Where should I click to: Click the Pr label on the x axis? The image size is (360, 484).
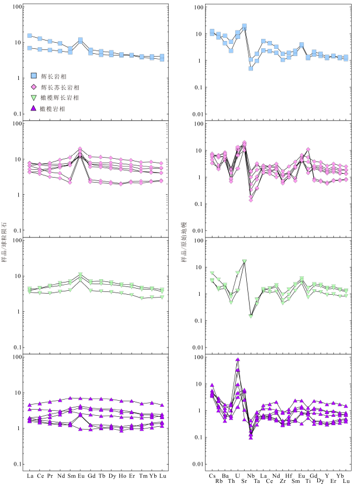(50, 476)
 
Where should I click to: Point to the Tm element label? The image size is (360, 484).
(142, 476)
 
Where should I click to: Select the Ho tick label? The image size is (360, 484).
(122, 476)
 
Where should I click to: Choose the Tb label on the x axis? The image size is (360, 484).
(102, 476)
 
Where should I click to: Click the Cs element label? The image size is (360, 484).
(212, 476)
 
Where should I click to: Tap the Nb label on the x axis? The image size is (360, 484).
(251, 476)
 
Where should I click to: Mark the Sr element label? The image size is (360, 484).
(244, 481)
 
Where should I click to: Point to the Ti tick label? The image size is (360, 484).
(308, 481)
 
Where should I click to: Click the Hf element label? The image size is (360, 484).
(288, 476)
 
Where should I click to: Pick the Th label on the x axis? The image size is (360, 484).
(231, 481)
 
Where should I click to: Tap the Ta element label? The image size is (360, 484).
(257, 481)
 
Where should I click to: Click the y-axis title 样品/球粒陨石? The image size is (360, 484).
(5, 242)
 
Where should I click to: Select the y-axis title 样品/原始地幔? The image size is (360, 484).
(185, 242)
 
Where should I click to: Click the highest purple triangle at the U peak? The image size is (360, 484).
(237, 360)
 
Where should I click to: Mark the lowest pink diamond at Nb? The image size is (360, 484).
(251, 200)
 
